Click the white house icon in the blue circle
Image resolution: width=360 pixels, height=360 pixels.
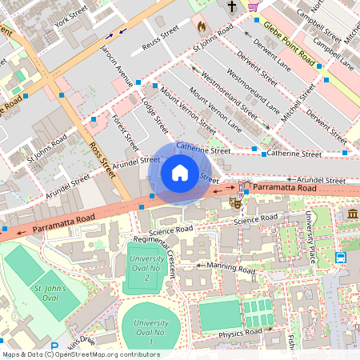point(179,172)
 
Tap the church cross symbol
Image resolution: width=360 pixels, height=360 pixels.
point(232,6)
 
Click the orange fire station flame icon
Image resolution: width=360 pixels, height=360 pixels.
point(201,26)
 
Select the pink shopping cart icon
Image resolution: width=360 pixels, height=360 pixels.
point(254,6)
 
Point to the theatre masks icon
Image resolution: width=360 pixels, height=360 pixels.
point(236,202)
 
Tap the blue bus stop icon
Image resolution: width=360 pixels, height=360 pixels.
point(341,258)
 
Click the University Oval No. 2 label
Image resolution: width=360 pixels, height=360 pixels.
point(148,266)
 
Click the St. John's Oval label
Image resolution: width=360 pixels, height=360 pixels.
point(50,292)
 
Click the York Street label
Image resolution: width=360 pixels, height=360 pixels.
point(71,16)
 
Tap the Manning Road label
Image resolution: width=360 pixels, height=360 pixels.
point(230,266)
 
